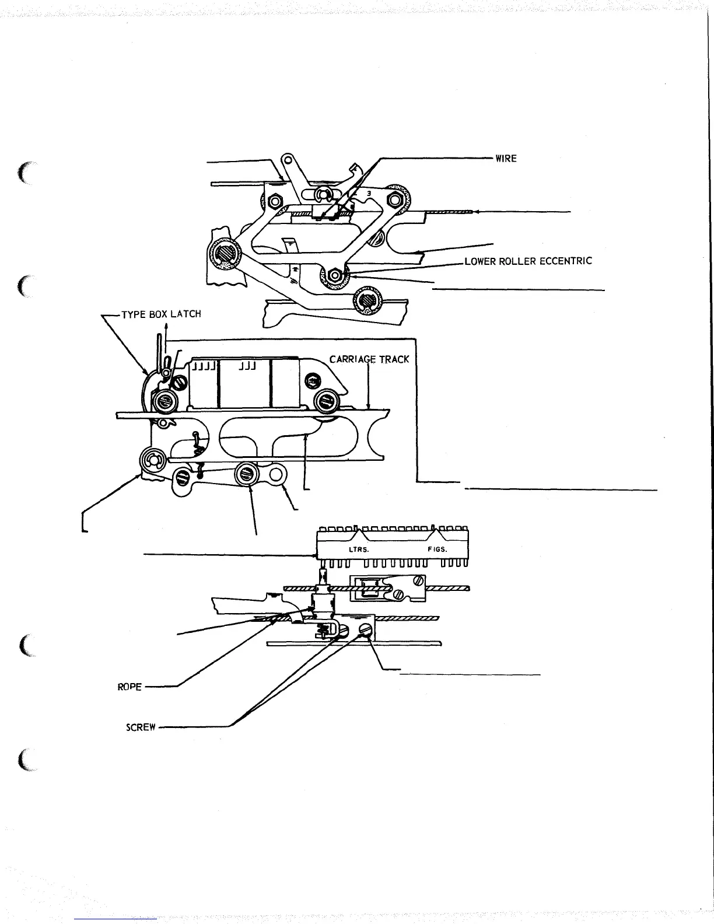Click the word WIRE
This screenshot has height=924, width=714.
(x=506, y=158)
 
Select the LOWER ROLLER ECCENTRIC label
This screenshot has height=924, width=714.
(x=528, y=261)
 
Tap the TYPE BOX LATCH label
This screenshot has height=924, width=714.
(x=160, y=314)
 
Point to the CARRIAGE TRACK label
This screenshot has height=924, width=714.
(x=369, y=359)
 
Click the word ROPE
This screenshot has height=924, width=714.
(x=129, y=687)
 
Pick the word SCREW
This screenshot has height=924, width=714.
(x=141, y=727)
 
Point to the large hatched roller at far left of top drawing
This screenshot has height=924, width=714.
(x=225, y=255)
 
